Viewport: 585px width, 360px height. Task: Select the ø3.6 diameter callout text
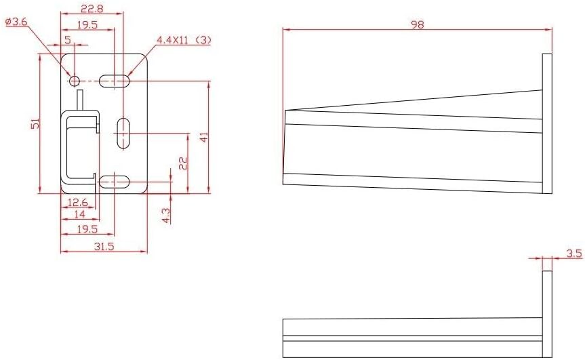coord(16,22)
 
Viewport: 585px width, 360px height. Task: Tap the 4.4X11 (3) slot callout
coord(184,40)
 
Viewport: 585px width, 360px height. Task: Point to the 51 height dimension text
coord(36,123)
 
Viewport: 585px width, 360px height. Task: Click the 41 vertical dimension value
coord(203,136)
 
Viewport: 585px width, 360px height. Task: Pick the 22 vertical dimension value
coord(182,162)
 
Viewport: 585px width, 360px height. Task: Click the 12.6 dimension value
coord(79,202)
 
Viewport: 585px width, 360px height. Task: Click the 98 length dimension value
coord(418,24)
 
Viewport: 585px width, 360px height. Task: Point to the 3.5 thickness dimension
coord(573,254)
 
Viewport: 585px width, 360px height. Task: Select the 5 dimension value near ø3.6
coord(68,40)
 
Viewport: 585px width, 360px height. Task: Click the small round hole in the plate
coord(75,81)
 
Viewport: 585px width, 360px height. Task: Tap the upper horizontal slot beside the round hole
coord(114,81)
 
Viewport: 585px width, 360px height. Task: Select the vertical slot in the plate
coord(123,133)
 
